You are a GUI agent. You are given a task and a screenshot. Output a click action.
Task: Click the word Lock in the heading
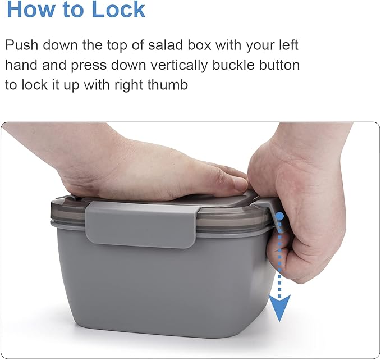tap(118, 10)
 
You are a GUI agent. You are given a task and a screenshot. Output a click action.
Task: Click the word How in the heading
tap(31, 10)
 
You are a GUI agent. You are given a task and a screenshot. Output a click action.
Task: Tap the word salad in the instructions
tap(166, 45)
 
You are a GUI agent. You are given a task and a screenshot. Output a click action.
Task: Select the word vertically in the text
tap(179, 66)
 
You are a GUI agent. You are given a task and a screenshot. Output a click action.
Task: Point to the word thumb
tap(167, 85)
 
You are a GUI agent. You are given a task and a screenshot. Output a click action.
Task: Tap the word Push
tap(22, 45)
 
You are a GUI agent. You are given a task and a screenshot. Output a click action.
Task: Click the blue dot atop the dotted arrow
tap(279, 216)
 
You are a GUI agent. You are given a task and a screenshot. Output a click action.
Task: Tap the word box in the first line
tap(200, 45)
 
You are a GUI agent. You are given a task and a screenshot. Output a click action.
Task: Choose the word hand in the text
tap(21, 65)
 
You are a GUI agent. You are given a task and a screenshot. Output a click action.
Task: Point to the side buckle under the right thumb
tap(274, 214)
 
